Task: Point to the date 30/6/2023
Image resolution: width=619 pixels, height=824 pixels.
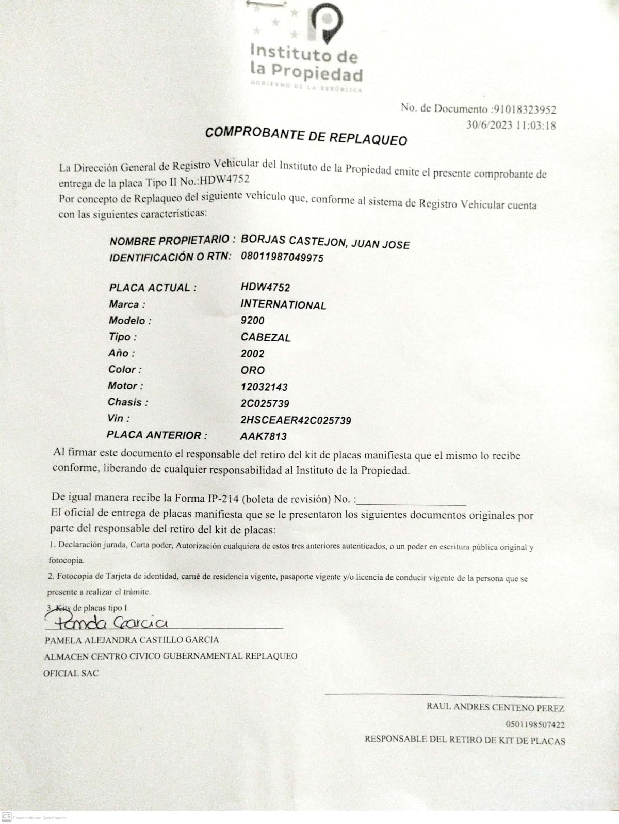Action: click(x=489, y=124)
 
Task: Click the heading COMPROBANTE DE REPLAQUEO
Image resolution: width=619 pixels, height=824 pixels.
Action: click(x=306, y=136)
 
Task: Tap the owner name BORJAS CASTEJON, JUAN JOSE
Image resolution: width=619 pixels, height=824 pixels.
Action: click(x=325, y=242)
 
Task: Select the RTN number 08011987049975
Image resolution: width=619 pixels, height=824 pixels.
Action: click(x=282, y=257)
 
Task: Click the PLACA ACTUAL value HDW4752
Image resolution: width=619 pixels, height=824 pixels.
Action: click(x=265, y=288)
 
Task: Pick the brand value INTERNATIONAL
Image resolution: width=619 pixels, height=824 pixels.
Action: click(x=283, y=305)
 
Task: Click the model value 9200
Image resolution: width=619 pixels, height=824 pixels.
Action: click(x=252, y=321)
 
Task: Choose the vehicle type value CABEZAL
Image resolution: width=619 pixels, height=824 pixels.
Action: click(x=266, y=337)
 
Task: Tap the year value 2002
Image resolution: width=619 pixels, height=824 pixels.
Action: click(x=252, y=354)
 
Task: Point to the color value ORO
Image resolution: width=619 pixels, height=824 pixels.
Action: click(x=252, y=370)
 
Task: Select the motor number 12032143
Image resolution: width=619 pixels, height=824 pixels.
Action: click(x=264, y=387)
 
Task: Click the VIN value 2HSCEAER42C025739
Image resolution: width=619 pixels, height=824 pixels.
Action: click(x=296, y=420)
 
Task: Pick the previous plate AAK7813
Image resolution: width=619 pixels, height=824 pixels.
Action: click(x=264, y=436)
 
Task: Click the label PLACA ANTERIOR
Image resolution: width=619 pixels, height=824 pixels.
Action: click(x=157, y=435)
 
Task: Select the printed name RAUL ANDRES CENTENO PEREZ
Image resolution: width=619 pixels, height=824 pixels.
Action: click(x=495, y=708)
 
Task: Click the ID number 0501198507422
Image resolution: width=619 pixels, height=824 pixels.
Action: click(x=535, y=725)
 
